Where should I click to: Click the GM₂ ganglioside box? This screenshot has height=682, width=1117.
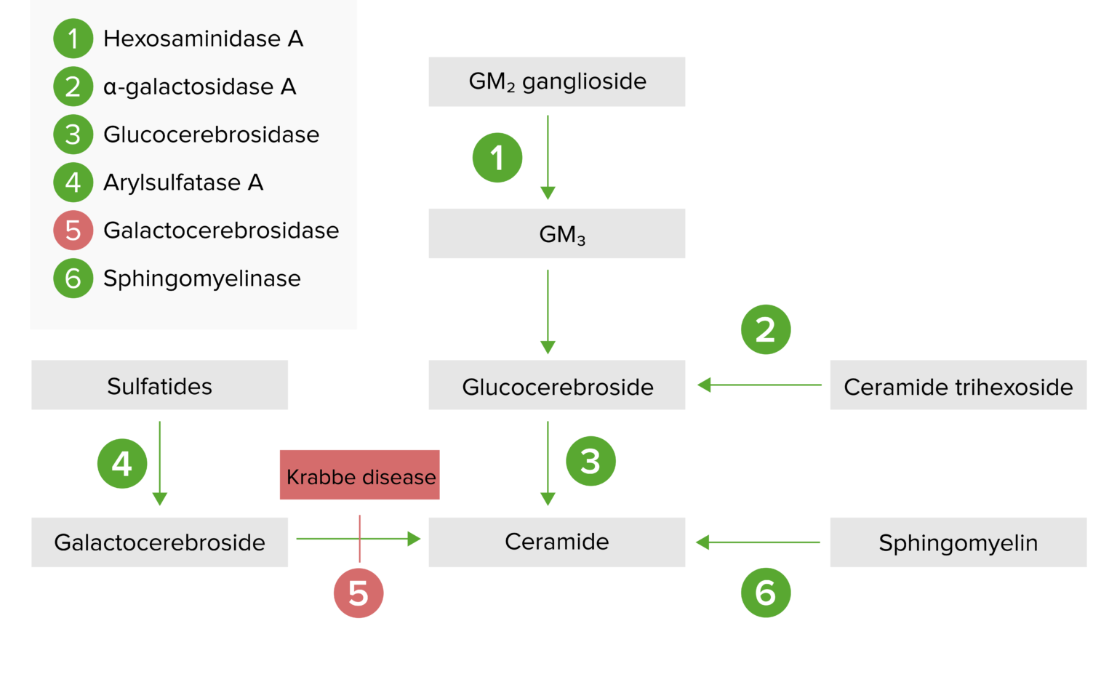(556, 81)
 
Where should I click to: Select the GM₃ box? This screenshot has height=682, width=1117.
(556, 233)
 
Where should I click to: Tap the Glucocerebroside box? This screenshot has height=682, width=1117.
(556, 385)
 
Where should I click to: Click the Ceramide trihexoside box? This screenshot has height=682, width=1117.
(958, 385)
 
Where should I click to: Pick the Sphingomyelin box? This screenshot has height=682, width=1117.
(958, 542)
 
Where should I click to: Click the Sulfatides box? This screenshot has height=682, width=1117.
(159, 385)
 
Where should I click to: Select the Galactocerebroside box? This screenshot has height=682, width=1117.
(159, 542)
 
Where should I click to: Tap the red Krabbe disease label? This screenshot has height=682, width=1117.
(360, 475)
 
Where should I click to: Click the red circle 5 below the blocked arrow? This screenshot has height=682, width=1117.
(359, 593)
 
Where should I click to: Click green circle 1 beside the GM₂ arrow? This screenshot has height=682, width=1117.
(497, 158)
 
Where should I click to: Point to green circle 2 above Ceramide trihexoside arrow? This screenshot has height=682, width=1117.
(766, 329)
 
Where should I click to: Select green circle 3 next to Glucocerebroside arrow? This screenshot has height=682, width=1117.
(591, 461)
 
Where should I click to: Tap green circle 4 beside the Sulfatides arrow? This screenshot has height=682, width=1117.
(122, 463)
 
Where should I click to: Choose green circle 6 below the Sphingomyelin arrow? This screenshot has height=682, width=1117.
(766, 593)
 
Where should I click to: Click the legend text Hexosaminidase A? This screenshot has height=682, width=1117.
(203, 39)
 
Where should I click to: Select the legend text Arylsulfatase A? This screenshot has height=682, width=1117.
(183, 182)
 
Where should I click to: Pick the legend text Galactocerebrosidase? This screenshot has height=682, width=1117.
(221, 230)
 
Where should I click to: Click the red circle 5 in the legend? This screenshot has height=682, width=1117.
(73, 230)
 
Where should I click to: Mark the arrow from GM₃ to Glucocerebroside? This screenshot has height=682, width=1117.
(548, 311)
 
